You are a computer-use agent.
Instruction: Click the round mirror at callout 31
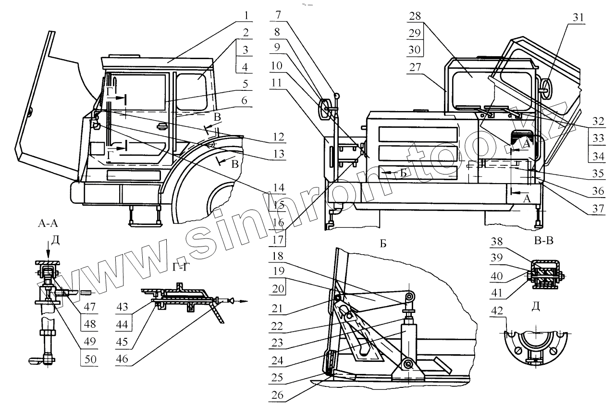[546, 87]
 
